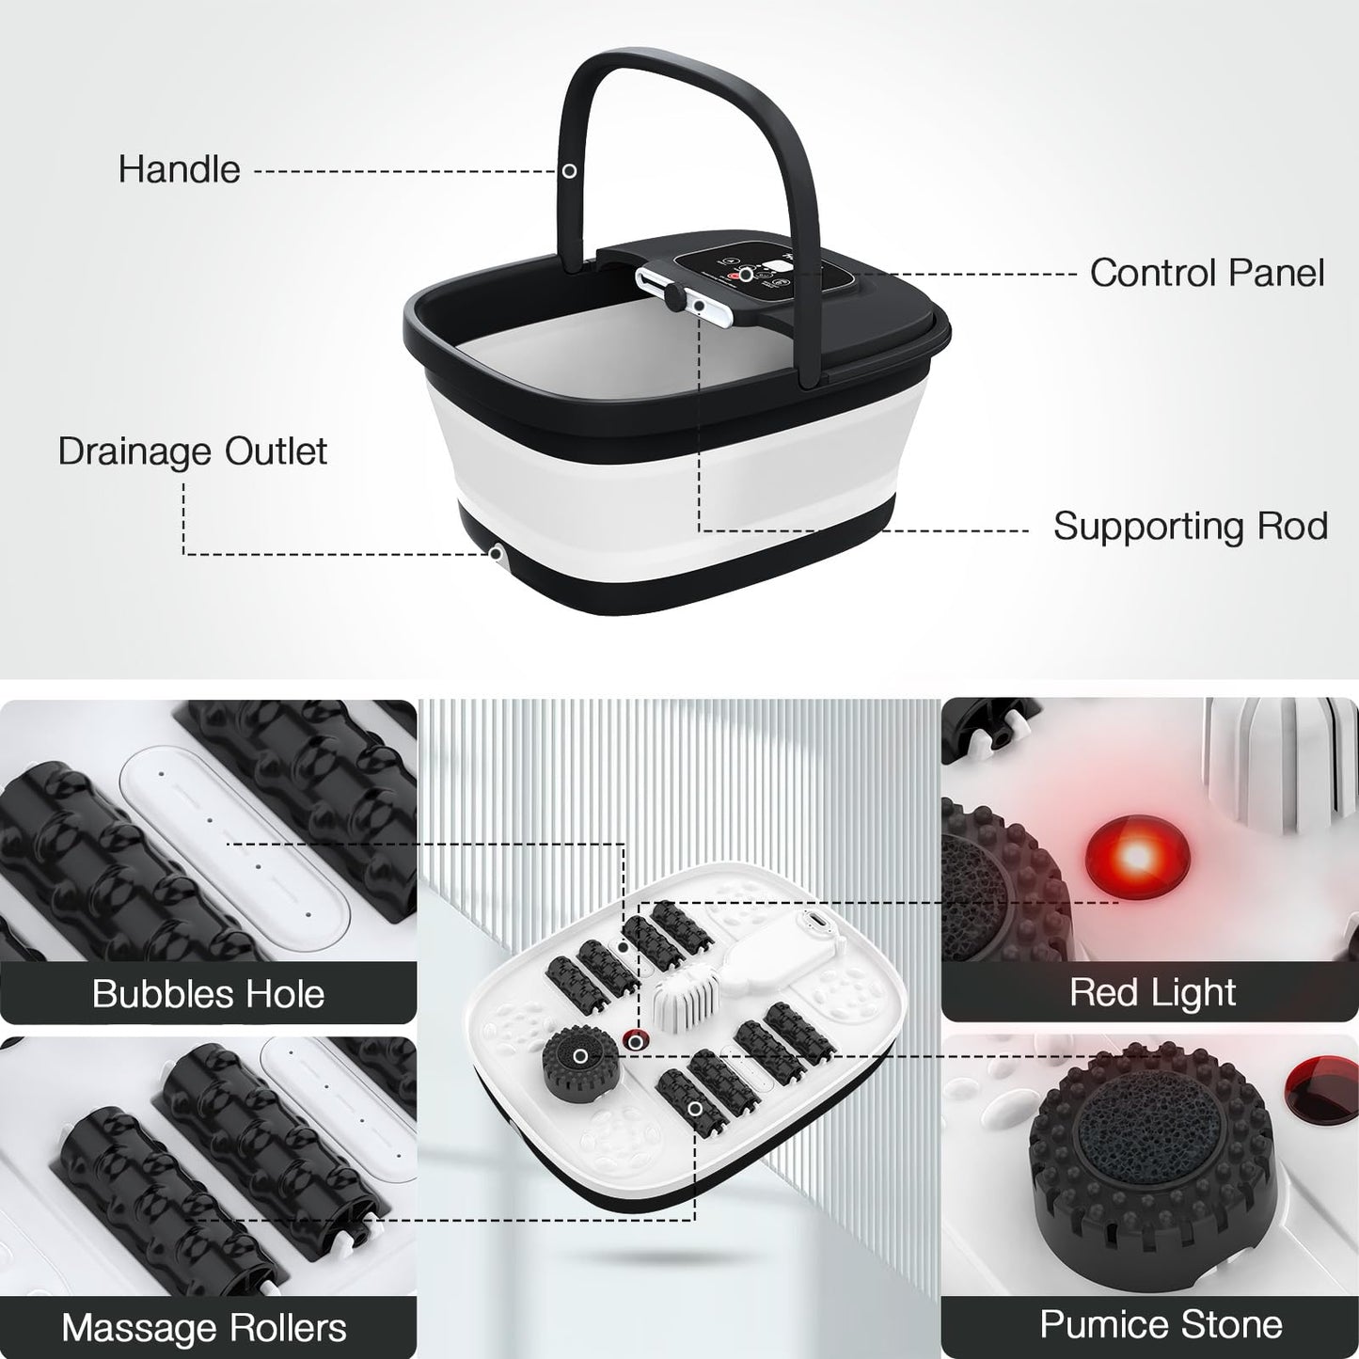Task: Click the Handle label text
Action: tap(179, 169)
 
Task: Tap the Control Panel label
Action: tap(1207, 273)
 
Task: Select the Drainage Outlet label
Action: tap(192, 451)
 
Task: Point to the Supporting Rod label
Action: tap(1190, 526)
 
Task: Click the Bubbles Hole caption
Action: tap(208, 994)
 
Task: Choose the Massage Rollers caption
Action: tap(204, 1328)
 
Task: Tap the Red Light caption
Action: tap(1152, 992)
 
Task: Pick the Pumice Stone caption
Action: tap(1161, 1324)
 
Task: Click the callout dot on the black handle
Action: tap(569, 171)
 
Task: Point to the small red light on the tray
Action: tap(637, 1040)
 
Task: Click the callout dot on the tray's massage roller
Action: tap(695, 1110)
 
